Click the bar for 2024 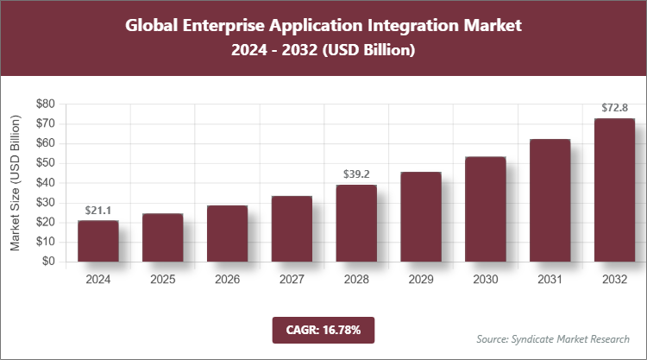click(97, 241)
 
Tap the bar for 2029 click(420, 217)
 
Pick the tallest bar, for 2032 click(614, 190)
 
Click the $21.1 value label click(97, 210)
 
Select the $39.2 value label click(355, 174)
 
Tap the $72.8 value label click(614, 108)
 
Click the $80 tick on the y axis click(45, 104)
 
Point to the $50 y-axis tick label click(45, 163)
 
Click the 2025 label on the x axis click(162, 280)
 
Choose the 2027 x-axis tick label click(292, 280)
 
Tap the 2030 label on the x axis click(485, 280)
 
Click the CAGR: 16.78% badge click(323, 329)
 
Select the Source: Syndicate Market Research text click(553, 338)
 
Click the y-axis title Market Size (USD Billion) click(16, 182)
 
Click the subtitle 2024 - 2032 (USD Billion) click(323, 51)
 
